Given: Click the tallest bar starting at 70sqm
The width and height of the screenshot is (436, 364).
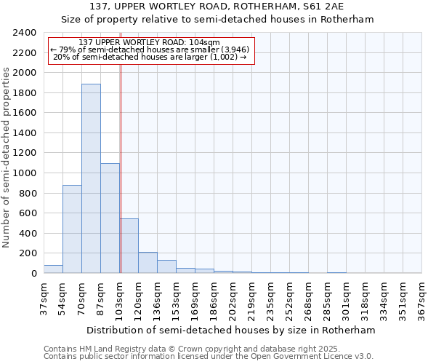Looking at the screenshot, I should [x=91, y=178].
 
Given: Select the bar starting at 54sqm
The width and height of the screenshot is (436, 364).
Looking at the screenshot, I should [x=72, y=229].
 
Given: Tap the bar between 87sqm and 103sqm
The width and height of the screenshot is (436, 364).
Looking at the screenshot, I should [x=110, y=218].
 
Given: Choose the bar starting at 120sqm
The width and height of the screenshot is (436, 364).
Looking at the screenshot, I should [x=148, y=263].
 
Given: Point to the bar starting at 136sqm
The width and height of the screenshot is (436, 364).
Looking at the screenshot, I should [x=166, y=266].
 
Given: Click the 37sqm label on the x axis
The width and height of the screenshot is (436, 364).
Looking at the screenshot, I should [x=44, y=297].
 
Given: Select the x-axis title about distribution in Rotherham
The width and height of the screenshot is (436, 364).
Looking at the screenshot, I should [x=233, y=330].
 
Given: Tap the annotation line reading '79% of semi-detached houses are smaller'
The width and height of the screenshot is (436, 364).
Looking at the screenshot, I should [x=151, y=50].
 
